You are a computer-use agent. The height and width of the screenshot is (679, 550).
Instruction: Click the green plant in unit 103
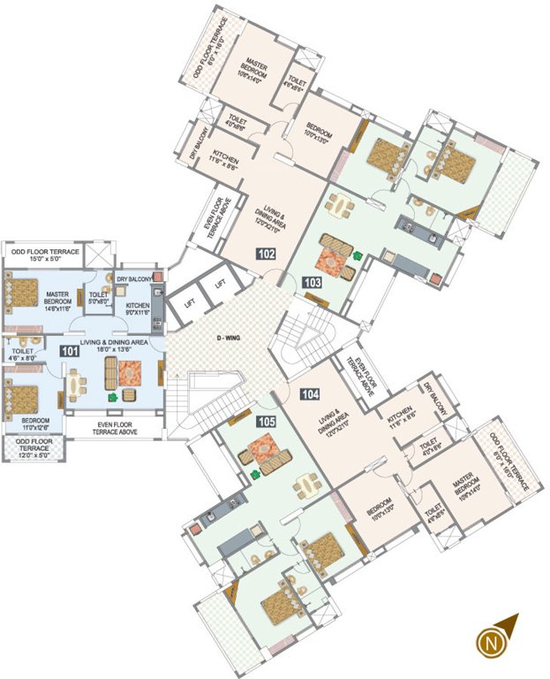point(358,257)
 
